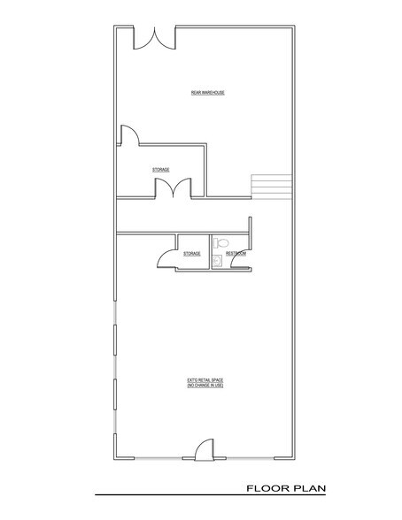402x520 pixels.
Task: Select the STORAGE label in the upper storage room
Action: click(x=160, y=169)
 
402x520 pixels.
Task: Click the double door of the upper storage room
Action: click(x=173, y=188)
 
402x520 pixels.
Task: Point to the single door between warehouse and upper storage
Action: click(x=129, y=134)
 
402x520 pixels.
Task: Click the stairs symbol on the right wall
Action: click(x=271, y=187)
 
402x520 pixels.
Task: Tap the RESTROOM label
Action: click(x=236, y=254)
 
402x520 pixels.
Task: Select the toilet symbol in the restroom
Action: click(x=222, y=241)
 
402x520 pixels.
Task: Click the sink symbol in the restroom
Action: click(x=217, y=260)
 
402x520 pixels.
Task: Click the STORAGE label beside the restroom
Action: click(x=191, y=254)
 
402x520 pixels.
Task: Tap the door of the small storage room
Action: click(x=166, y=256)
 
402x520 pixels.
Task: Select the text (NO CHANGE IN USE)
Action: click(x=204, y=386)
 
